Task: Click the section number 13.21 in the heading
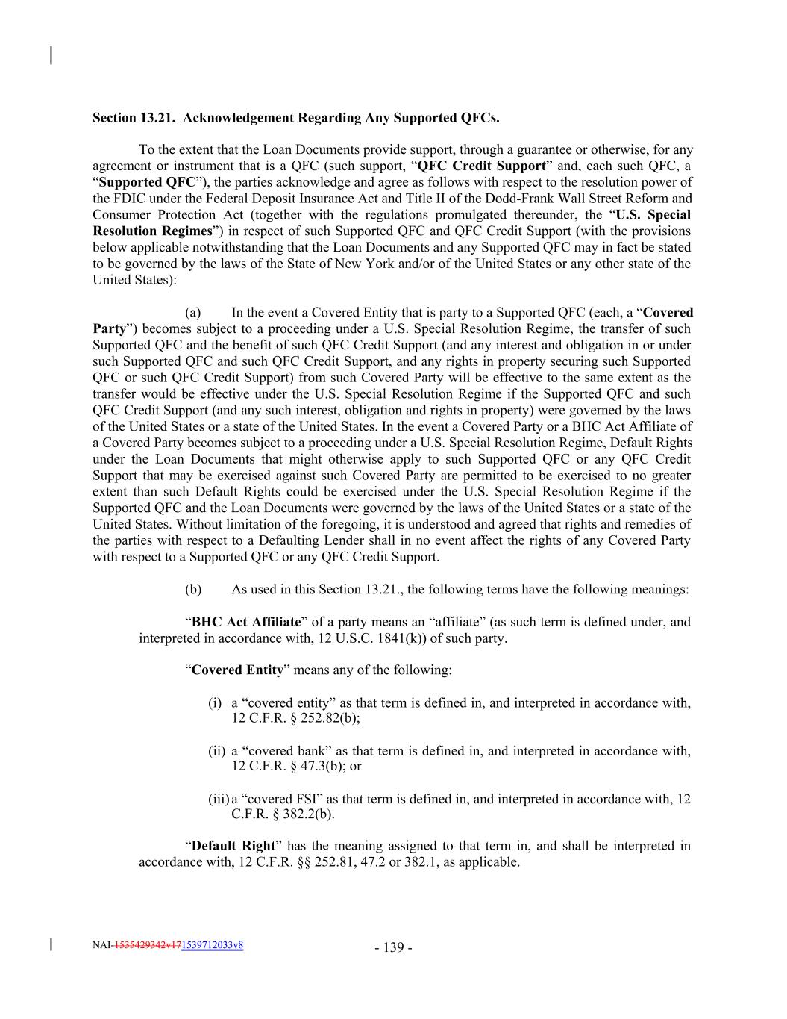159,118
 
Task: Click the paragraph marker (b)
192,589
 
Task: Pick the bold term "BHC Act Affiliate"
246,622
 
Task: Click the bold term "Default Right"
233,846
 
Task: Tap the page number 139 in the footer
394,947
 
